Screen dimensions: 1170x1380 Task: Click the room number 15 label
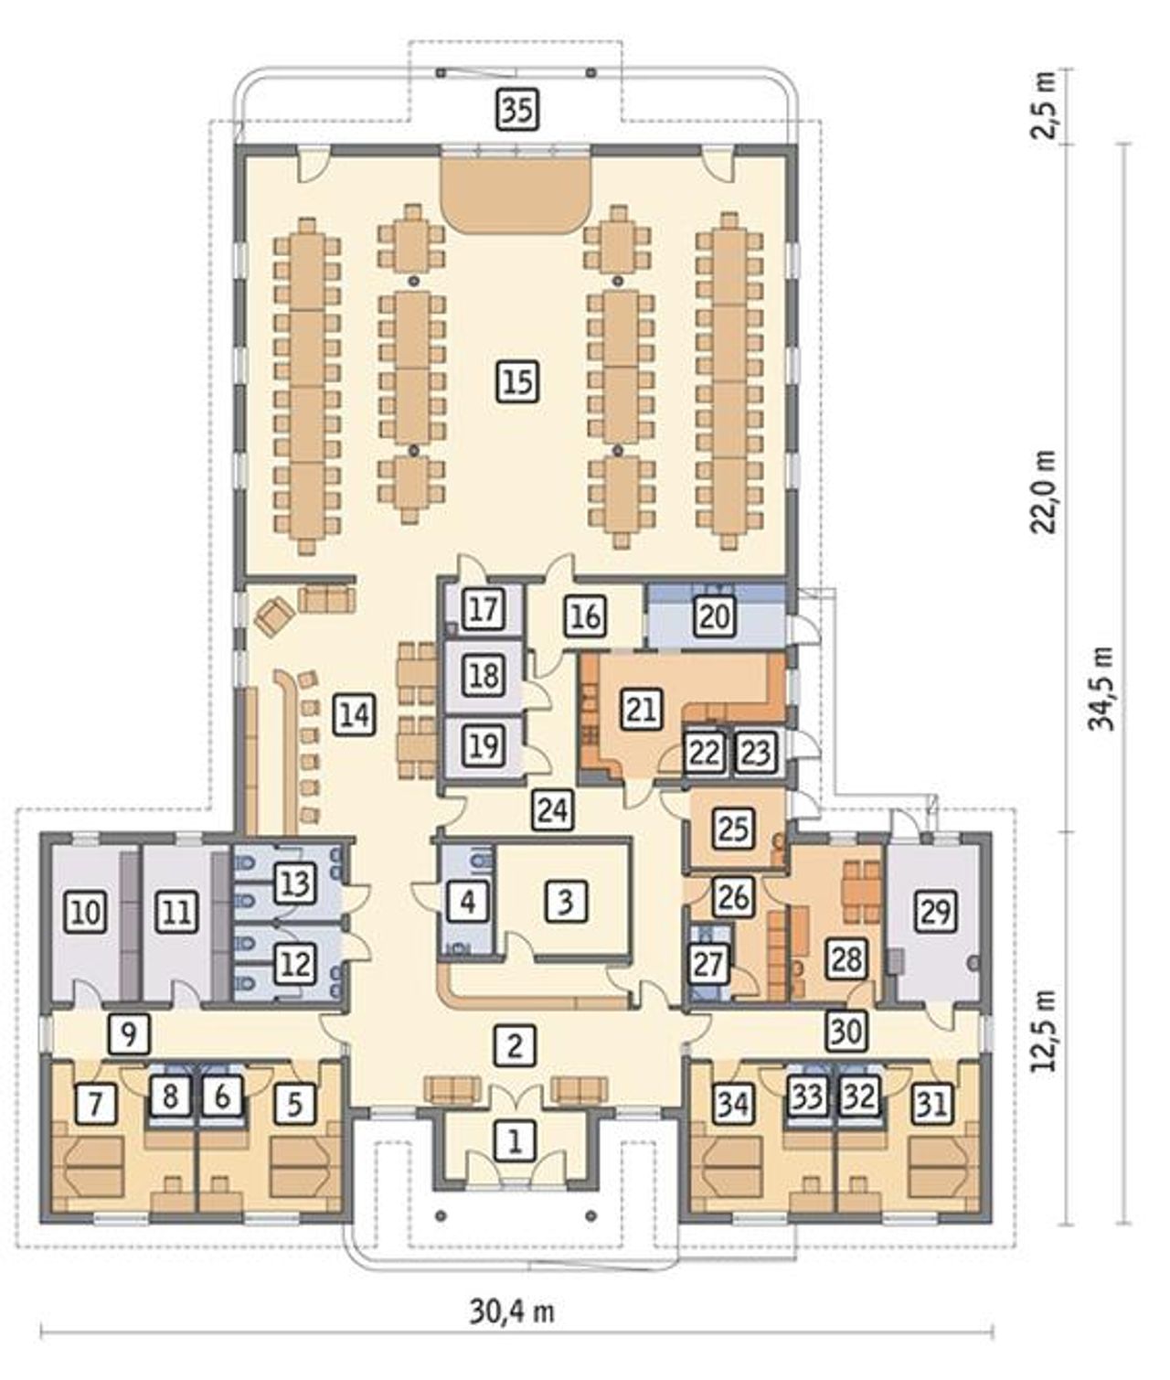(518, 382)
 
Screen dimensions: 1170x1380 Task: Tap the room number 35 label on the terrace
(518, 110)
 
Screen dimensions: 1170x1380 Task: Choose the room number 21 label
(642, 709)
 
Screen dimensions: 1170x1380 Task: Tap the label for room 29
(934, 910)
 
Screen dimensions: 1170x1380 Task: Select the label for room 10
(87, 912)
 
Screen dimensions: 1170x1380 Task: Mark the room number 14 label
(355, 715)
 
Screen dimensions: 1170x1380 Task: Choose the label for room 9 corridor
(130, 1034)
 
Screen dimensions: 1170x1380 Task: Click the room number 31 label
(932, 1104)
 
